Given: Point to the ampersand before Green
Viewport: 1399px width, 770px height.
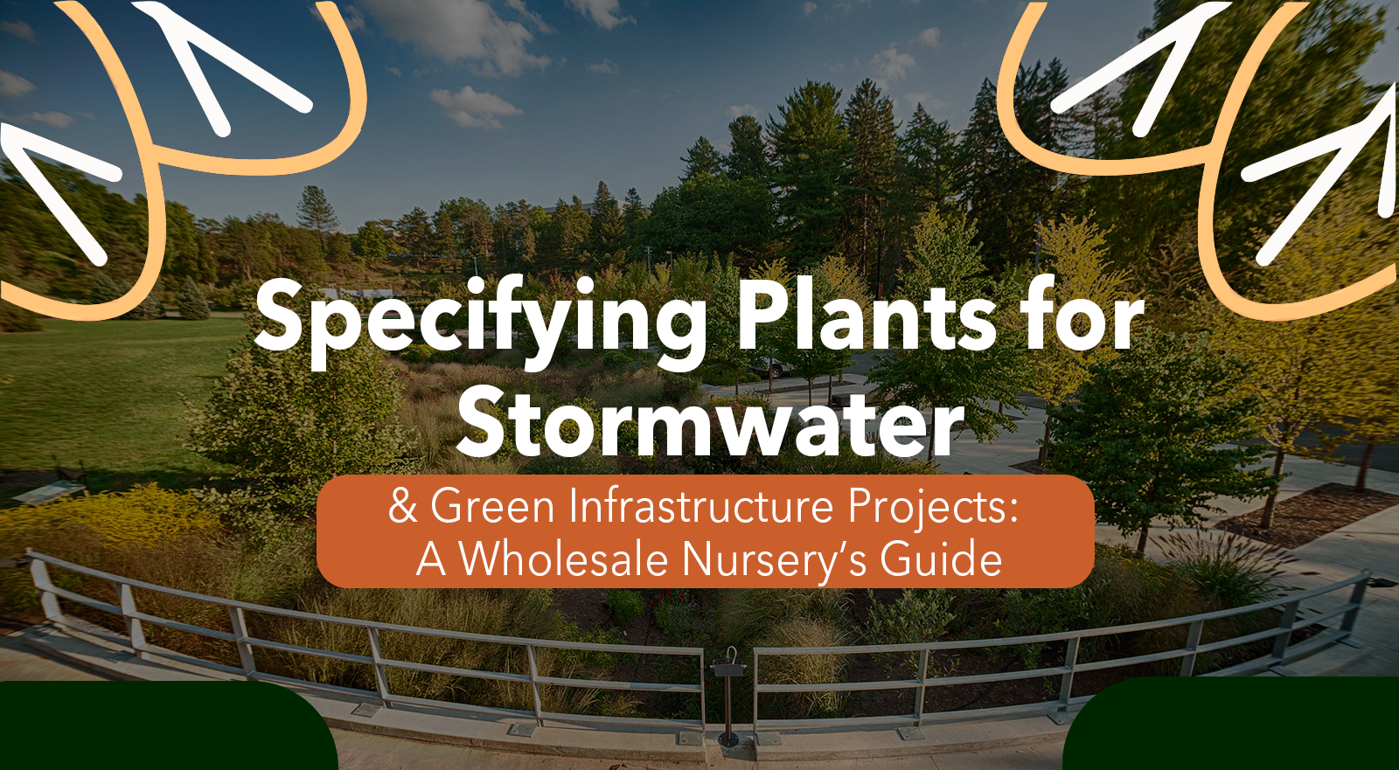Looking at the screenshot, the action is (x=403, y=506).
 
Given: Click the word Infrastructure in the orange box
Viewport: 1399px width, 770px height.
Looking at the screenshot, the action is (x=700, y=506).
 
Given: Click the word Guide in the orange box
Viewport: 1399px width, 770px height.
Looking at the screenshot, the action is (x=941, y=558).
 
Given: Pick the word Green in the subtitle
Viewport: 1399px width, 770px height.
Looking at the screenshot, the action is (x=493, y=506).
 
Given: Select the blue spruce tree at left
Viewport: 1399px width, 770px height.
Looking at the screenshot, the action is (x=192, y=299).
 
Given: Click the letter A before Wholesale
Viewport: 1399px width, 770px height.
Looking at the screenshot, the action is (x=431, y=558).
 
